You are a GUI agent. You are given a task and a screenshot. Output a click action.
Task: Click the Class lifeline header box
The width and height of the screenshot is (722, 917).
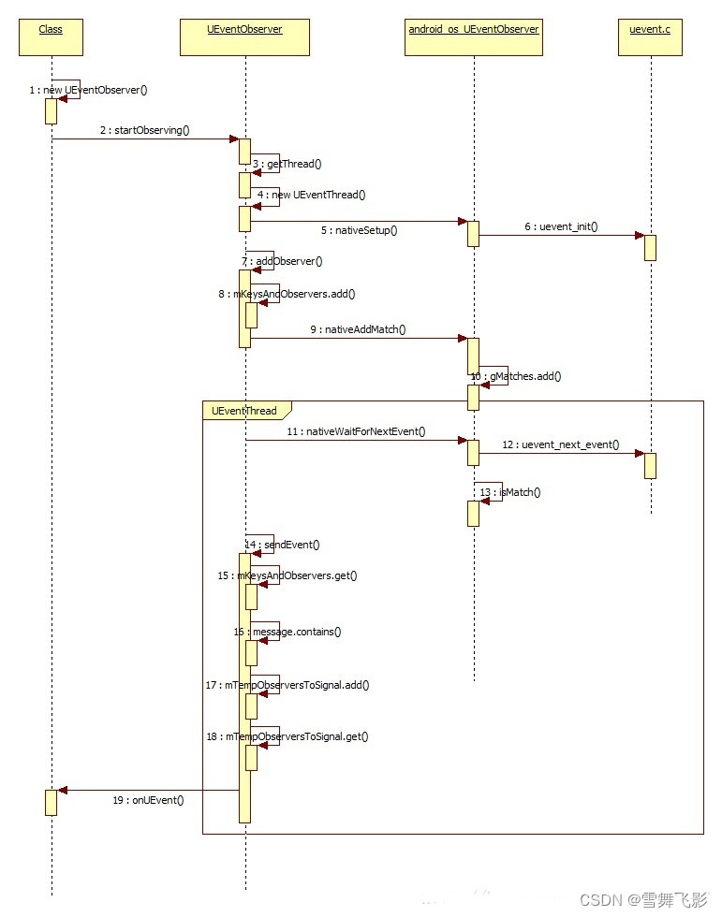51,36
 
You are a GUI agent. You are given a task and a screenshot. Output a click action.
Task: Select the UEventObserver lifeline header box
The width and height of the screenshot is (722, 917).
244,36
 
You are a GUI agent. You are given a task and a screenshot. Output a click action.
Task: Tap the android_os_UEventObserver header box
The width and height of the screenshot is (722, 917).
474,36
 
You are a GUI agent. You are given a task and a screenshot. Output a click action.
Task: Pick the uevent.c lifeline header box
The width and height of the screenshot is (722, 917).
650,36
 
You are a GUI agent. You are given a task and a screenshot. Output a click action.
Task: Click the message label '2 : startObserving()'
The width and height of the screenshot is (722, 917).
144,130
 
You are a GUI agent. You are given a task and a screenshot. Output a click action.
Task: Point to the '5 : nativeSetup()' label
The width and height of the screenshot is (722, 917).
359,230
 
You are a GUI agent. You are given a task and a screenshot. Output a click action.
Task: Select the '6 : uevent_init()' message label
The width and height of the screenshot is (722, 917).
560,227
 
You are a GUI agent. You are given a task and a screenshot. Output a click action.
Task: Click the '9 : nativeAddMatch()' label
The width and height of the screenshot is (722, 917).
360,330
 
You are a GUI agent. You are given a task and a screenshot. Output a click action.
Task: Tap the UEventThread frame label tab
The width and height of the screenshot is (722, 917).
244,410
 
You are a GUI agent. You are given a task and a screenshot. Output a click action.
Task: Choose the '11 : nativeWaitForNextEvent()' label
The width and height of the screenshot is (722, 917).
356,431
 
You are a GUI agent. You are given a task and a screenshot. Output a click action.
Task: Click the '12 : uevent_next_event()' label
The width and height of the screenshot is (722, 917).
560,444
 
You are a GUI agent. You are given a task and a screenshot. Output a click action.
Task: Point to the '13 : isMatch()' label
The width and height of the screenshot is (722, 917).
509,492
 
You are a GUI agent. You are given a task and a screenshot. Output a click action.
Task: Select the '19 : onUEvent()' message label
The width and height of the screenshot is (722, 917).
148,799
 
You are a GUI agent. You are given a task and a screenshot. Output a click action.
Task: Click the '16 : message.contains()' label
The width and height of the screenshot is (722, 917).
287,632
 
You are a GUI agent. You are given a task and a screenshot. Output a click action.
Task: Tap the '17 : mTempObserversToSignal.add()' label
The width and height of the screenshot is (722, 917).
287,685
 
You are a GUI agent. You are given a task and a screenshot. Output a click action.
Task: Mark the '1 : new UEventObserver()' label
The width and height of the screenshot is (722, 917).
88,91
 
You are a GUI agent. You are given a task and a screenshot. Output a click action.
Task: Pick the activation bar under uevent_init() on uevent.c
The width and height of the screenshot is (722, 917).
650,247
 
